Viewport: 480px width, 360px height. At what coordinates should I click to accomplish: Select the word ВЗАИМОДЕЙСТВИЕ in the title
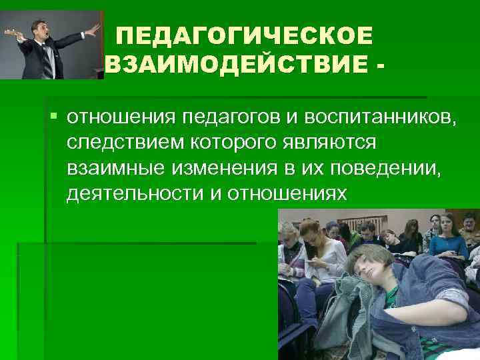tap(237, 66)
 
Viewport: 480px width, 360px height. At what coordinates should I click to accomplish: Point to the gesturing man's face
tap(41, 29)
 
